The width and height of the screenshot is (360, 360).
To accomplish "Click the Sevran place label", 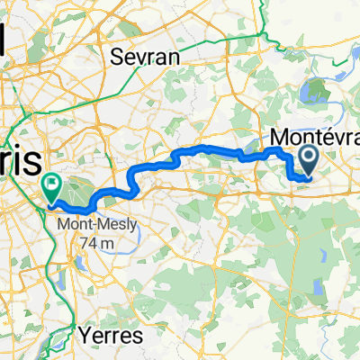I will [x=145, y=58].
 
